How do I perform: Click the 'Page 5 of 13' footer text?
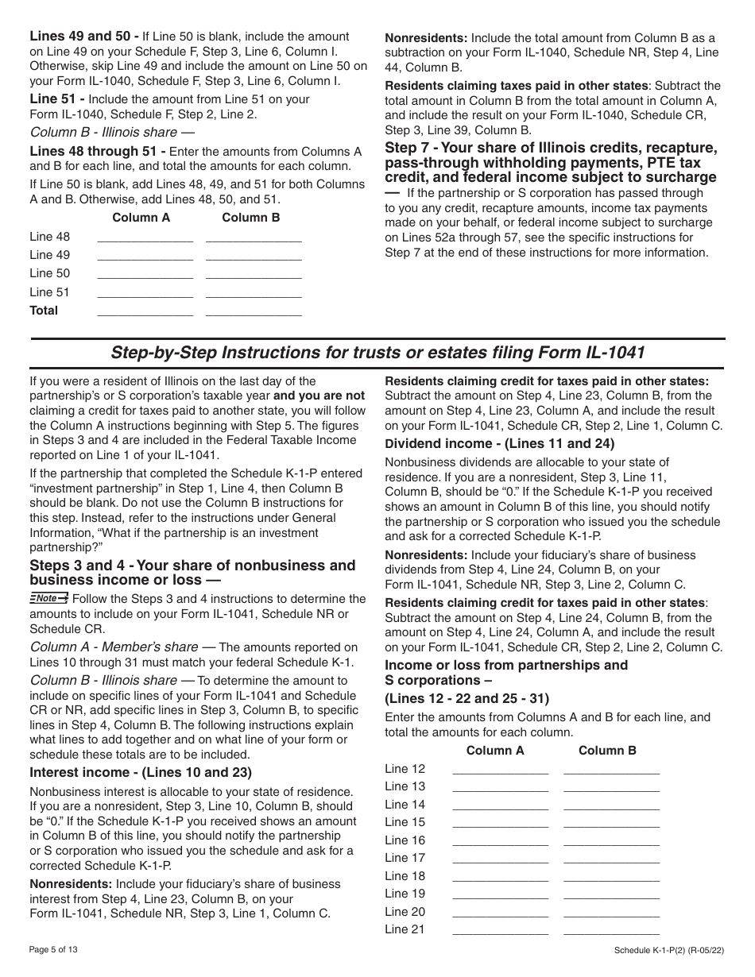pos(54,949)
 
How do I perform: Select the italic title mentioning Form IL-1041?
pos(377,352)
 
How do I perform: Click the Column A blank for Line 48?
pos(145,237)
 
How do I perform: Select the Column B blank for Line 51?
pos(254,293)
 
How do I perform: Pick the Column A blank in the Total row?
pos(145,311)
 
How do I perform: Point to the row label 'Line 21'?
pos(405,929)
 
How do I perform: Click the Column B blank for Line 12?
pos(611,769)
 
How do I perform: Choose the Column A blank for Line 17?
pos(500,859)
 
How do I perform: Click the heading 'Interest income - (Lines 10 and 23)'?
pos(141,772)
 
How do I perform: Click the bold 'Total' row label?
pos(44,311)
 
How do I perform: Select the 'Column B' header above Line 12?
pos(607,751)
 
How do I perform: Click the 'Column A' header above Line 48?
pos(141,218)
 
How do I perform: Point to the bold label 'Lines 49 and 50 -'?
pos(84,37)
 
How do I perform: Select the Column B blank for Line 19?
pos(611,894)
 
